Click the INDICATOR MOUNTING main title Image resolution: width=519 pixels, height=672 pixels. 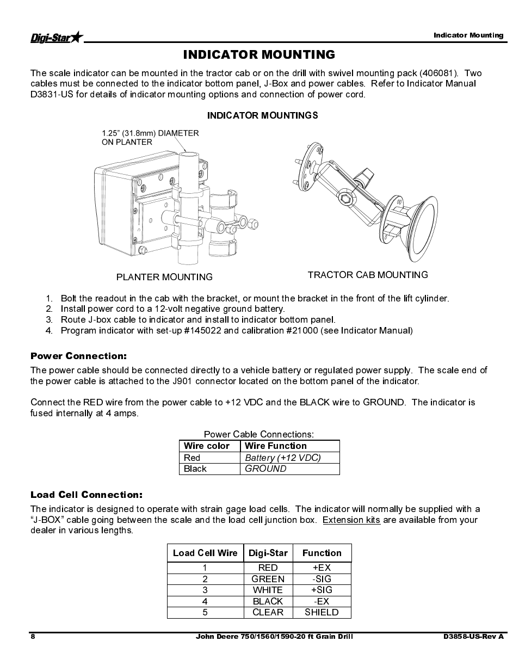(259, 54)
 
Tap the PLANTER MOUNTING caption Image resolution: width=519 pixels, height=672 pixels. (164, 277)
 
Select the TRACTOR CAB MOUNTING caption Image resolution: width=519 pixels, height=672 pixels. (368, 275)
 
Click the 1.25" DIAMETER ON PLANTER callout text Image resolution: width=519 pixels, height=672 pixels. (150, 137)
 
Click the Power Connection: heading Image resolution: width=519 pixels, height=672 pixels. (78, 356)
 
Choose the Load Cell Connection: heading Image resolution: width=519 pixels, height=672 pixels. (86, 495)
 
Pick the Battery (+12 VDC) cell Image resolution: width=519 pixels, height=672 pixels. (283, 458)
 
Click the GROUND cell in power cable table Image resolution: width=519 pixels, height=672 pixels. (265, 468)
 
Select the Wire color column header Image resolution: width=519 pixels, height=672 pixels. (207, 446)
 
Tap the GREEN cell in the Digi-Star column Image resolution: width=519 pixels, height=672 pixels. (268, 579)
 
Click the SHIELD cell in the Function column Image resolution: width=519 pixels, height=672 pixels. (322, 612)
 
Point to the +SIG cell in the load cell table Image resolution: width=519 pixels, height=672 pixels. (322, 590)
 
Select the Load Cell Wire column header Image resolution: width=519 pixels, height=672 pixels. (205, 553)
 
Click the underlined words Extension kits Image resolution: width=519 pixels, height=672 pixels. (351, 520)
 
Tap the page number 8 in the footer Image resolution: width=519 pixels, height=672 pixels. (33, 637)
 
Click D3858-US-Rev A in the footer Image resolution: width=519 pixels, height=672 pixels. (473, 637)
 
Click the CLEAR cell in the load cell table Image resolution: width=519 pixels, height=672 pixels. (268, 612)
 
